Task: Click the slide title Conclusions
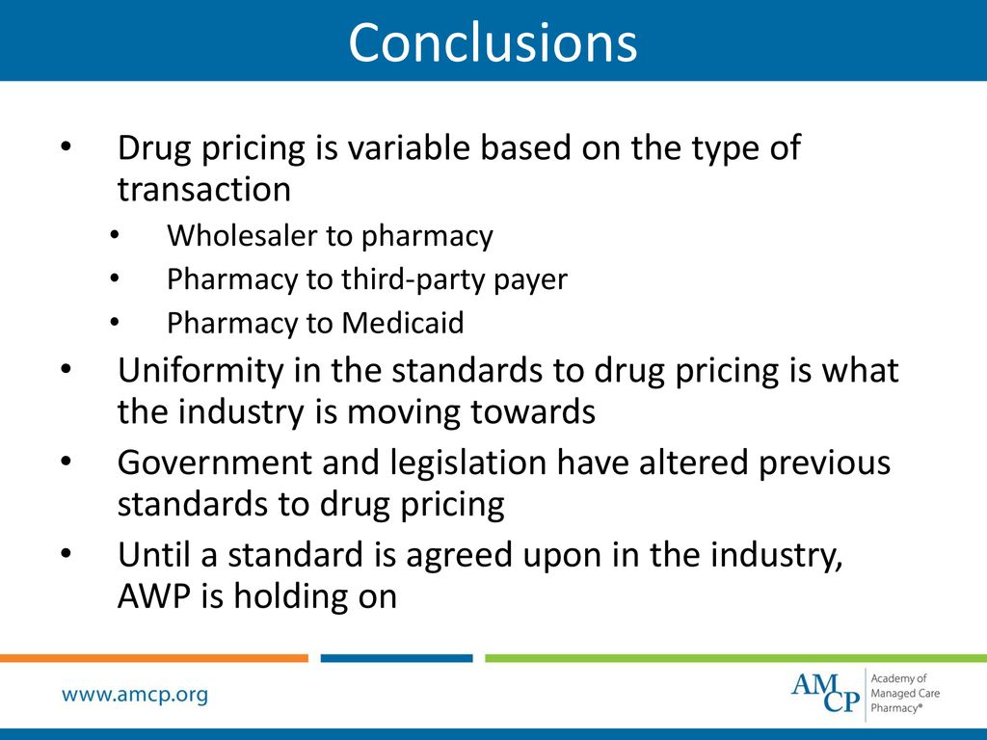pos(493,42)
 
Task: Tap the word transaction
pos(203,190)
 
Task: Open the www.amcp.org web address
pos(135,695)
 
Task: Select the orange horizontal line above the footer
pos(154,659)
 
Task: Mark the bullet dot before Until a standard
pos(66,553)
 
